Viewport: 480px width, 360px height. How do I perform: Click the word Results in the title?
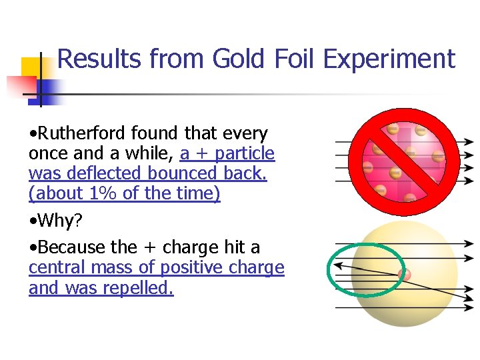click(x=99, y=59)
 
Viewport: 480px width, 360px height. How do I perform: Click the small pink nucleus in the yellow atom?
click(x=403, y=274)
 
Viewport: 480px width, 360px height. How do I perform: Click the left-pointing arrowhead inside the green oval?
click(x=339, y=265)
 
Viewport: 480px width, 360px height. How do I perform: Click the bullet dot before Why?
click(x=33, y=221)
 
